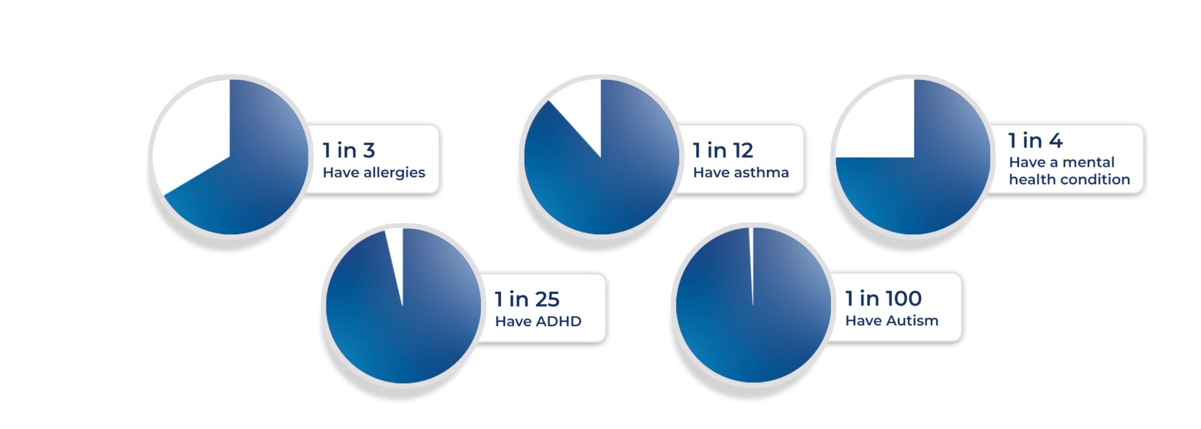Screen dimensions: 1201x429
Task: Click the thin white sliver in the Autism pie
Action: pyautogui.click(x=751, y=263)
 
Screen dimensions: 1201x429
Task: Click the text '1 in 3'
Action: pyautogui.click(x=349, y=151)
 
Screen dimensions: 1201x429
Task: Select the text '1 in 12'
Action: pyautogui.click(x=723, y=151)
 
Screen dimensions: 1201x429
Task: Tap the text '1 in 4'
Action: pyautogui.click(x=1035, y=140)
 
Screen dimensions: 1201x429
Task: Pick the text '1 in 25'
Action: pyautogui.click(x=527, y=299)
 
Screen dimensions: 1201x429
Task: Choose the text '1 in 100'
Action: pyautogui.click(x=883, y=299)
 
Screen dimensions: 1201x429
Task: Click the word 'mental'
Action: pyautogui.click(x=1088, y=162)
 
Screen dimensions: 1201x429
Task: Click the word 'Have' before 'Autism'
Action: pyautogui.click(x=863, y=321)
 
